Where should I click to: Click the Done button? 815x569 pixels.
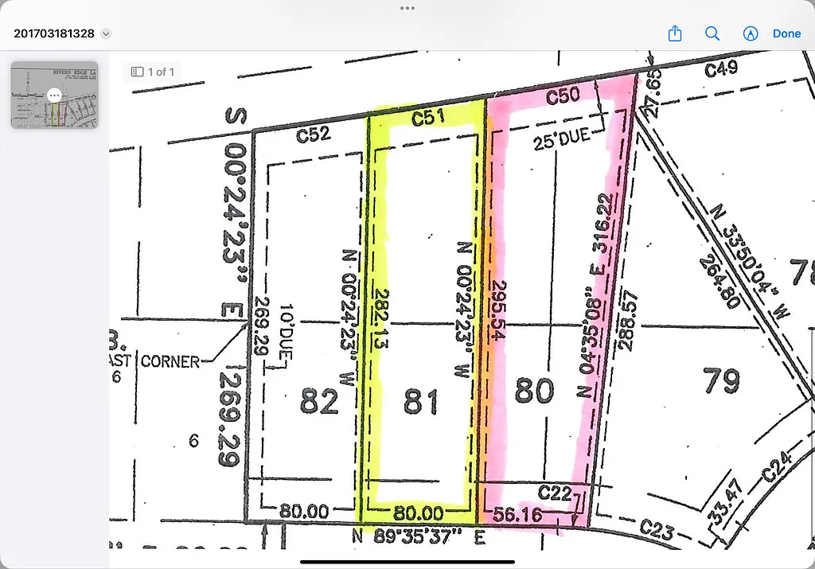click(786, 33)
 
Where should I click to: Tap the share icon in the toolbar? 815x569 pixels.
click(675, 33)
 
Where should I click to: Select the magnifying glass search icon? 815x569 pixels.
click(712, 33)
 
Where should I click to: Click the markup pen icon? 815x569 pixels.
click(750, 33)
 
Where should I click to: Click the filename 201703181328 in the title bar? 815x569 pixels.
click(54, 33)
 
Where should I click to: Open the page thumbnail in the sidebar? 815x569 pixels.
click(54, 95)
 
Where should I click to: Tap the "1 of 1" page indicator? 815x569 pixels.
click(154, 72)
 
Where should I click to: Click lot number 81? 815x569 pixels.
click(420, 402)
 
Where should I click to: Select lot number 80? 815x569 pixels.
click(534, 392)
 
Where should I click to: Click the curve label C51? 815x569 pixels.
click(427, 118)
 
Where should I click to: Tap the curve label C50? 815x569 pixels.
click(562, 97)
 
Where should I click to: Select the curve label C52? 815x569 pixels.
click(313, 135)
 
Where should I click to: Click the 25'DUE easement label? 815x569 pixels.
click(562, 136)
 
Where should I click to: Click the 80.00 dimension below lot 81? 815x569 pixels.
click(419, 512)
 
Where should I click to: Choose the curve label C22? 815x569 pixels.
click(556, 493)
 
